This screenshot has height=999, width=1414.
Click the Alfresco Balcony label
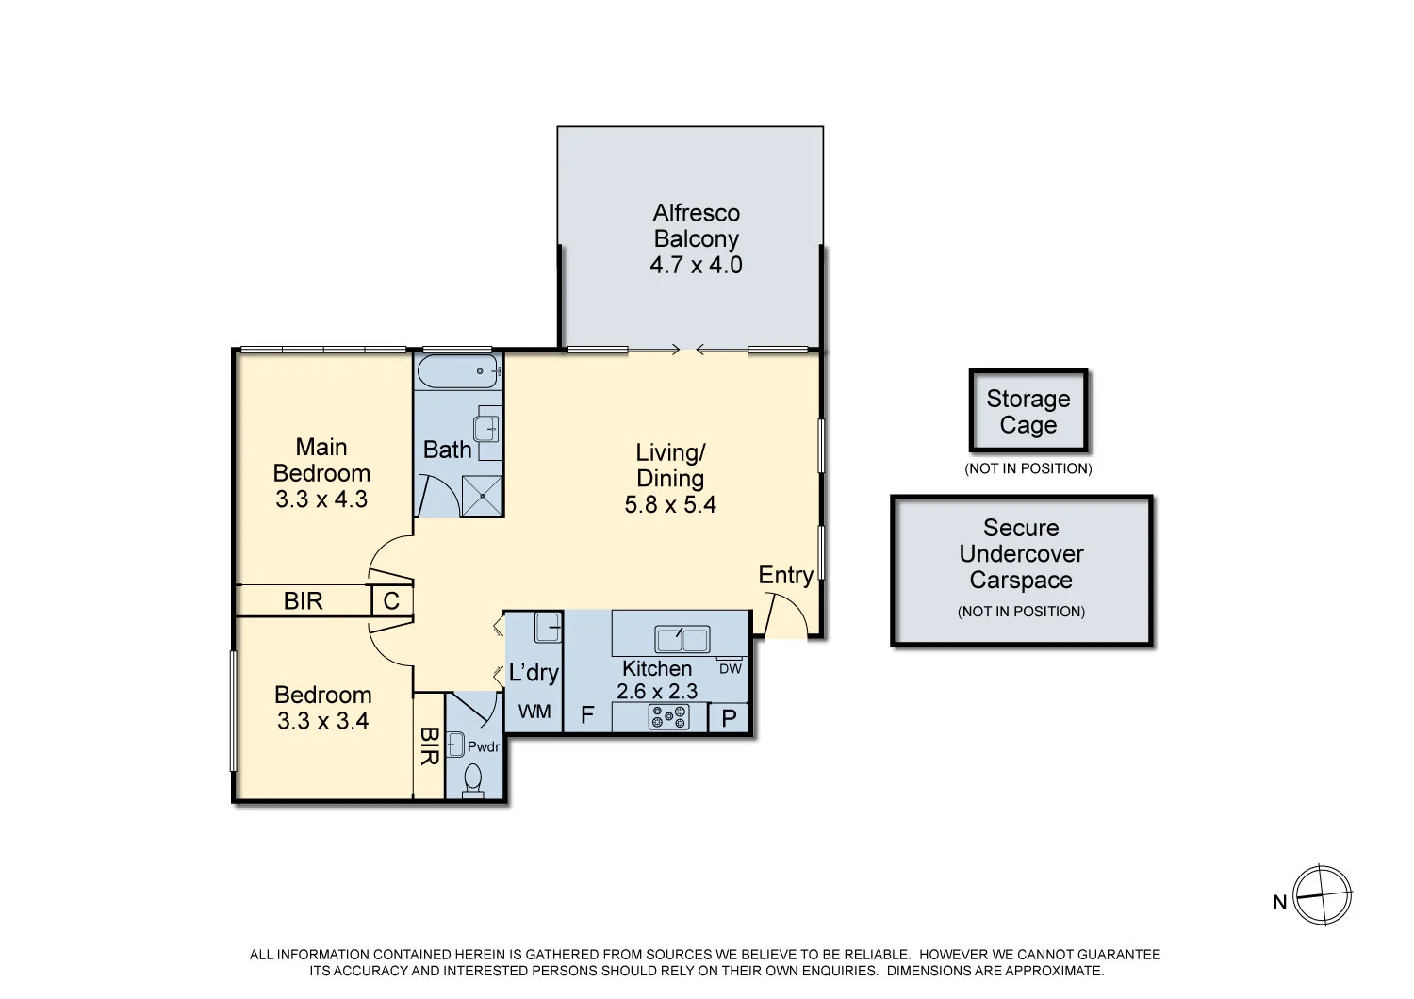(696, 226)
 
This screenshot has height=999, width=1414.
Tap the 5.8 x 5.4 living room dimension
(670, 505)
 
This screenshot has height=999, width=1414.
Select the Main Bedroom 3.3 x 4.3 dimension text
(321, 499)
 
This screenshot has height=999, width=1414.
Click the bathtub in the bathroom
(458, 371)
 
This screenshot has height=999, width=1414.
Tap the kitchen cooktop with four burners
(668, 718)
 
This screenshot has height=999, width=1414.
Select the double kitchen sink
(682, 639)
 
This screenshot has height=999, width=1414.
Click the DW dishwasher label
(731, 669)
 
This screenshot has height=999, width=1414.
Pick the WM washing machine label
(534, 712)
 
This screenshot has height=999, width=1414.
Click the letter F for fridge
(586, 716)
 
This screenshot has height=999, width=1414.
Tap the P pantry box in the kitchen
(729, 718)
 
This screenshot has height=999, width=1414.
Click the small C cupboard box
(391, 600)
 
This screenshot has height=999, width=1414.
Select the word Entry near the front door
(785, 575)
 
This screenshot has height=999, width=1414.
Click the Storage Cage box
(1028, 412)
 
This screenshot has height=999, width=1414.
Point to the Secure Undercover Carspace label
(1021, 555)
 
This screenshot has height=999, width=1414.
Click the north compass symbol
(1322, 895)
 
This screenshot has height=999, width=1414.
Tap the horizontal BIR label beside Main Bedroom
(303, 601)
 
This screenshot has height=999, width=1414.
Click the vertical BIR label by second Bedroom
(429, 745)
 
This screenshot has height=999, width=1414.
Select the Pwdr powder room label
(484, 747)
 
